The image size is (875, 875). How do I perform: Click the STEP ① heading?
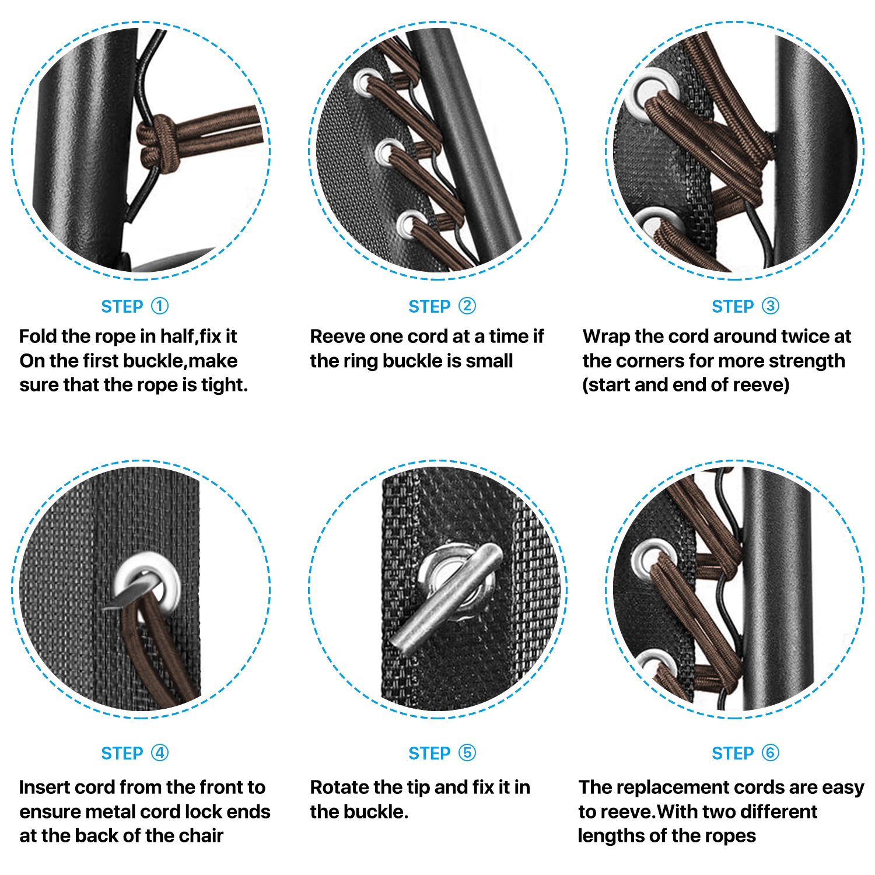click(134, 306)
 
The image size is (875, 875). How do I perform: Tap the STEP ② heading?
click(442, 306)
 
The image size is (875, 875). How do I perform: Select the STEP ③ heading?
click(745, 306)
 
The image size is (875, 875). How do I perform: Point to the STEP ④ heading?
click(134, 753)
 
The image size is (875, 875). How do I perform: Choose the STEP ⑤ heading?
click(442, 753)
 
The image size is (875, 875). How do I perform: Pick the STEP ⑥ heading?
click(745, 753)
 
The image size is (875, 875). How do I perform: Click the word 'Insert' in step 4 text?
click(44, 787)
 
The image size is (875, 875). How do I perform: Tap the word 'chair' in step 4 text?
click(201, 836)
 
